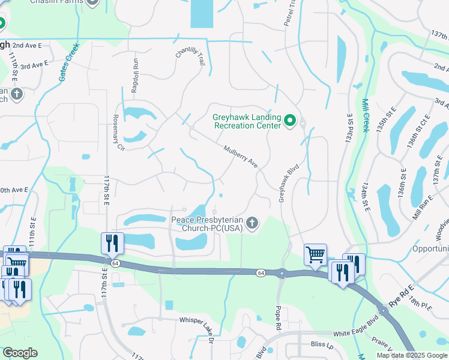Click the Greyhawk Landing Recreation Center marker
pyautogui.click(x=291, y=121)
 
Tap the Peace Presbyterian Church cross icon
pyautogui.click(x=253, y=224)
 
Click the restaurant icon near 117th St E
pyautogui.click(x=113, y=243)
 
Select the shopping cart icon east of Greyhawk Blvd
pyautogui.click(x=315, y=254)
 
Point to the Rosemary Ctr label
pyautogui.click(x=118, y=133)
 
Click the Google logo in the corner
pyautogui.click(x=20, y=353)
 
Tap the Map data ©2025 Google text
pyautogui.click(x=412, y=355)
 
